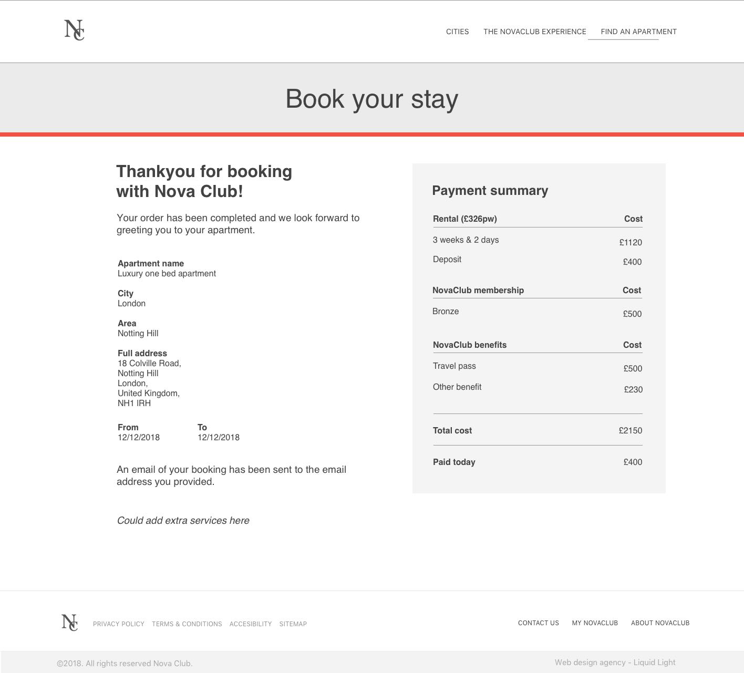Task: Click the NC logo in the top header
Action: pos(74,30)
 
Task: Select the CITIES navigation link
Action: pos(457,32)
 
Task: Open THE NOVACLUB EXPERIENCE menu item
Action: pos(534,32)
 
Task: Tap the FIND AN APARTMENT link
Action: pos(638,32)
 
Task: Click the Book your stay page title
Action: pos(371,99)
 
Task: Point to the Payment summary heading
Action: pos(490,191)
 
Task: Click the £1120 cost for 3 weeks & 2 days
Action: pos(630,242)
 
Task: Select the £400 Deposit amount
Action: pos(632,262)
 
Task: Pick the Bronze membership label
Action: pos(446,312)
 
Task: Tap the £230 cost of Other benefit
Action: pos(633,389)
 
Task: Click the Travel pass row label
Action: pos(454,366)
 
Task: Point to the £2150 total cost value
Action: pos(630,430)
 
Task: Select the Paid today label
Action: pos(454,462)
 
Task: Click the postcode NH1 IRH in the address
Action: pos(134,403)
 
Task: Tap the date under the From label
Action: pos(139,438)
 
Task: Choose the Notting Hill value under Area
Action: pos(138,334)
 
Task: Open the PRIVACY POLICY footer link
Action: pos(119,624)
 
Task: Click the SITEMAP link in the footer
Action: pos(293,624)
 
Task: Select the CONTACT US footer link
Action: pos(538,623)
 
